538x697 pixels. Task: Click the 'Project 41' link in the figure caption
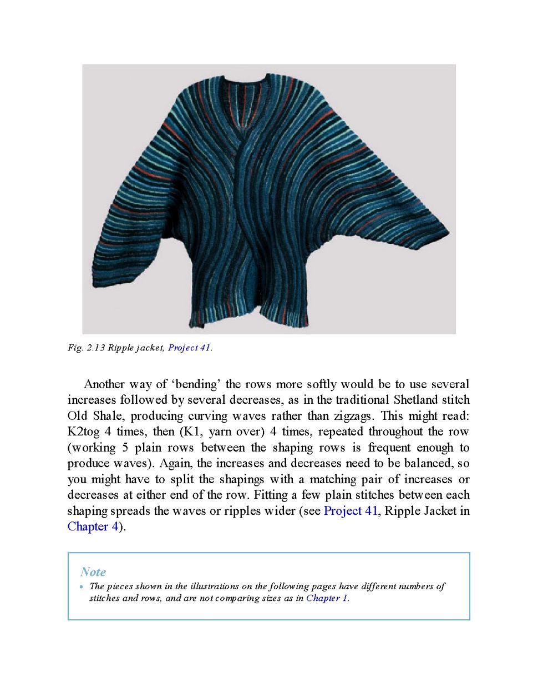coord(189,348)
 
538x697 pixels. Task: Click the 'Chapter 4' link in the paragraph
coord(93,526)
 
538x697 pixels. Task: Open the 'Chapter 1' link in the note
coord(327,598)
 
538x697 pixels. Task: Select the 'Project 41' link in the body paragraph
coord(351,511)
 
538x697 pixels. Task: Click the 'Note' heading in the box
coord(93,571)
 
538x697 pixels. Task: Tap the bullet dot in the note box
coord(82,587)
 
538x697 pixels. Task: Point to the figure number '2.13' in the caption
coord(95,348)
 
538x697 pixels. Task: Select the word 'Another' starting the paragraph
coord(104,384)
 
